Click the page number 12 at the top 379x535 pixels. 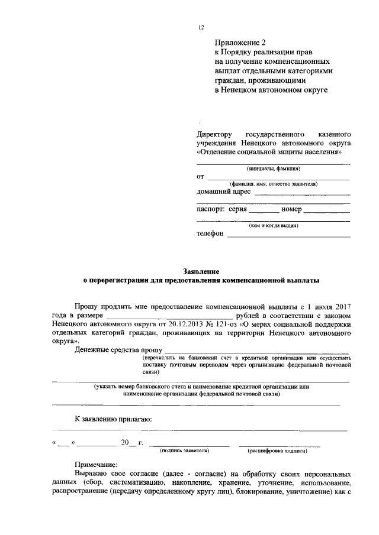point(201,27)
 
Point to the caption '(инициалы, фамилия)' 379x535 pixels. point(272,168)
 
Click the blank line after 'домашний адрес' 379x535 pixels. point(302,193)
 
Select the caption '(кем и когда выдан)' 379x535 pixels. point(273,225)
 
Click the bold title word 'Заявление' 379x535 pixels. point(201,271)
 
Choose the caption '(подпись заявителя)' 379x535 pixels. point(185,450)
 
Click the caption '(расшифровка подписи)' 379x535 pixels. point(278,450)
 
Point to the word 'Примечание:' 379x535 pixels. point(97,465)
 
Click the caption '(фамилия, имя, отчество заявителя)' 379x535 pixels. point(273,184)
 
